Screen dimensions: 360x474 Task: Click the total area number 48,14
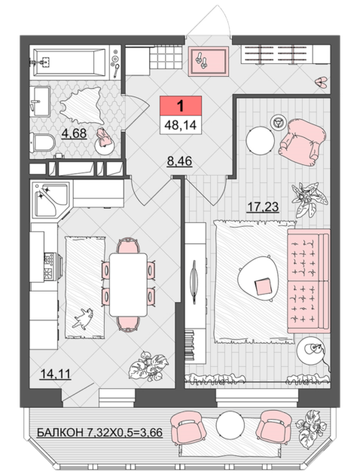pos(180,124)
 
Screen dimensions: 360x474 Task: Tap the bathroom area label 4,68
pos(74,133)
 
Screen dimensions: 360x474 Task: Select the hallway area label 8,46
pos(179,161)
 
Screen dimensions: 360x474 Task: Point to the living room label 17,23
pos(262,206)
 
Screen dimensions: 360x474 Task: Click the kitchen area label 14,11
pos(56,374)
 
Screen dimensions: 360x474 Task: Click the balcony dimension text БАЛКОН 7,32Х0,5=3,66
pos(99,433)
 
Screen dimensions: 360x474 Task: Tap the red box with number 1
pos(181,106)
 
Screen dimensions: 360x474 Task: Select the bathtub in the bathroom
pos(69,63)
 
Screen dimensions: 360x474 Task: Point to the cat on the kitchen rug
pos(82,318)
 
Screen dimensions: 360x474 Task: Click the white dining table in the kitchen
pos(128,285)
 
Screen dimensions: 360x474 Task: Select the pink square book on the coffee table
pos(263,286)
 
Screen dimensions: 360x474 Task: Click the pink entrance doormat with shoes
pos(208,61)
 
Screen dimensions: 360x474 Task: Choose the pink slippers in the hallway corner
pos(321,82)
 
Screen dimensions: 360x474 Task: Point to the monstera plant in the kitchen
pos(148,365)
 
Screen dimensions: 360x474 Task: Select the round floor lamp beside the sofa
pos(311,351)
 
